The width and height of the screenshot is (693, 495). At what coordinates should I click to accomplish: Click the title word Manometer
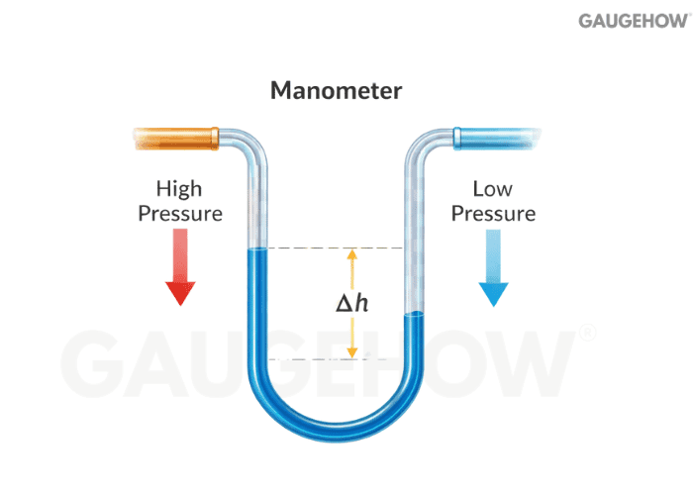[x=337, y=92]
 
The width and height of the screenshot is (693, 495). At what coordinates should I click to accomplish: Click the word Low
[x=492, y=187]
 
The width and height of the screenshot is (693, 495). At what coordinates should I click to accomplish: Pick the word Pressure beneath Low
[x=492, y=213]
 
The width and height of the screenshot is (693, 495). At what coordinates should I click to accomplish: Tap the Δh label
[x=350, y=303]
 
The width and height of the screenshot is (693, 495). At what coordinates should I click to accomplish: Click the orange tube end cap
[x=175, y=137]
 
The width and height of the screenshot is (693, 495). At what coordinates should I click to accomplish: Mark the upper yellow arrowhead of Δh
[x=350, y=255]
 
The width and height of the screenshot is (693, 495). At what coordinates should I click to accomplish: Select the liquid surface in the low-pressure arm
[x=415, y=315]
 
